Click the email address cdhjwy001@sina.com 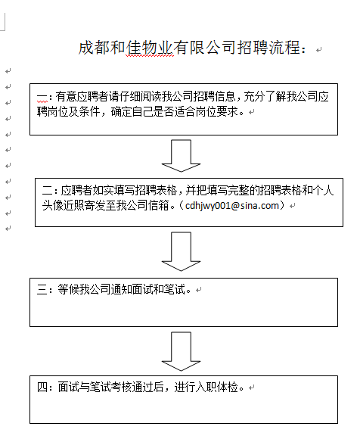(232, 206)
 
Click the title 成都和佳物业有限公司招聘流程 (189, 48)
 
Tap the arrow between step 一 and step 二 (181, 156)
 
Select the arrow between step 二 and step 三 (181, 251)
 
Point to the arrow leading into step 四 (181, 351)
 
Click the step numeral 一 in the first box (42, 97)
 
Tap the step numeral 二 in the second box (48, 191)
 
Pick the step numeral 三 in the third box (42, 289)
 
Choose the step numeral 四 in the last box (42, 388)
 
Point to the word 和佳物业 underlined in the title (150, 48)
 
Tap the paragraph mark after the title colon (319, 50)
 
